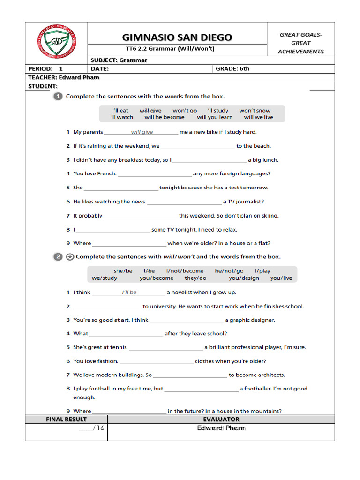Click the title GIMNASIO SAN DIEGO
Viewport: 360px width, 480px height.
tap(177, 37)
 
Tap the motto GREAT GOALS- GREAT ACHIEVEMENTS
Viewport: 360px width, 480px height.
tap(300, 43)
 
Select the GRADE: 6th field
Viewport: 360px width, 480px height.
tap(232, 68)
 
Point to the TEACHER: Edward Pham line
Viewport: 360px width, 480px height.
tap(64, 77)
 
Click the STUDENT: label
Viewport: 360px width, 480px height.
tap(43, 86)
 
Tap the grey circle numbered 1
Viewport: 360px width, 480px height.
tap(58, 96)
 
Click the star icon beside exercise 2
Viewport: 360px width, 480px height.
tap(70, 257)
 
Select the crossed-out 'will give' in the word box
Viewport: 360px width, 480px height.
tap(150, 111)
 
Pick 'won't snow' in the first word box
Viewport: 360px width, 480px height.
tap(255, 111)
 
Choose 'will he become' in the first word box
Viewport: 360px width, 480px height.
tap(165, 117)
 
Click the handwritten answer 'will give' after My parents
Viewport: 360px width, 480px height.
tap(142, 132)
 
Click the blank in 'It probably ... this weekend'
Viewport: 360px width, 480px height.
tap(141, 216)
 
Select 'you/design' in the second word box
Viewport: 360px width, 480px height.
tap(244, 278)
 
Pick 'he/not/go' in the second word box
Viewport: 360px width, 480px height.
tap(229, 271)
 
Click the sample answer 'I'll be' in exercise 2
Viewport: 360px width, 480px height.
tap(129, 292)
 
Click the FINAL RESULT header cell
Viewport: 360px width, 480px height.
tap(66, 419)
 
